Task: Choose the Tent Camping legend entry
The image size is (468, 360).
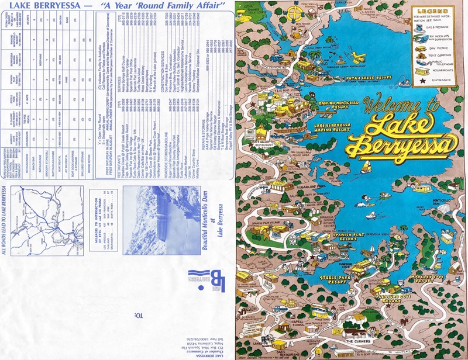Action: (441, 61)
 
